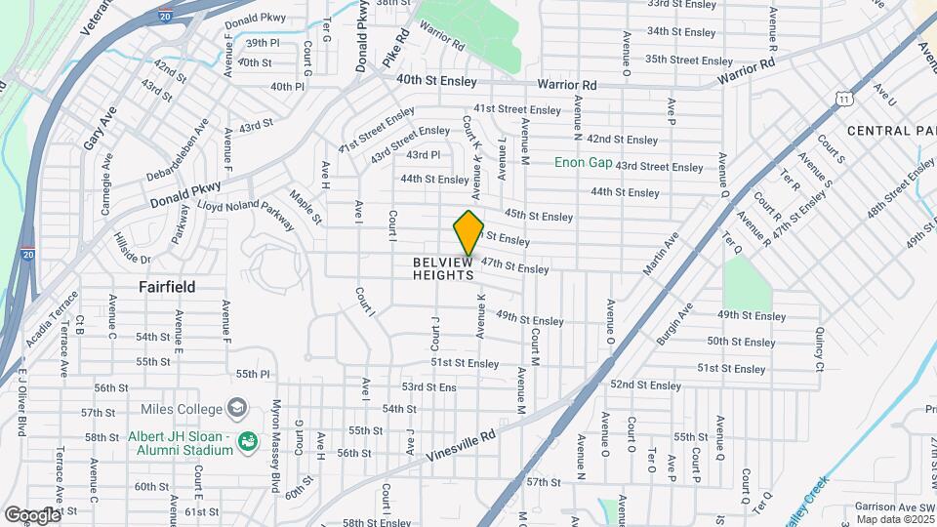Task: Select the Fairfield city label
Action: (x=166, y=287)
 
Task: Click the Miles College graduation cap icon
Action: (x=238, y=408)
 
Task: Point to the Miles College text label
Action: (x=183, y=408)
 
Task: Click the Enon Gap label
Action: (x=583, y=162)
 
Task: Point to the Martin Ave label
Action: (x=660, y=255)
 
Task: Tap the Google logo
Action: (x=32, y=514)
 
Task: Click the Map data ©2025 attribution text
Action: (x=895, y=518)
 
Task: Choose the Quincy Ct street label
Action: (x=818, y=347)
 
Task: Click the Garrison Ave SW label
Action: (x=894, y=507)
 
